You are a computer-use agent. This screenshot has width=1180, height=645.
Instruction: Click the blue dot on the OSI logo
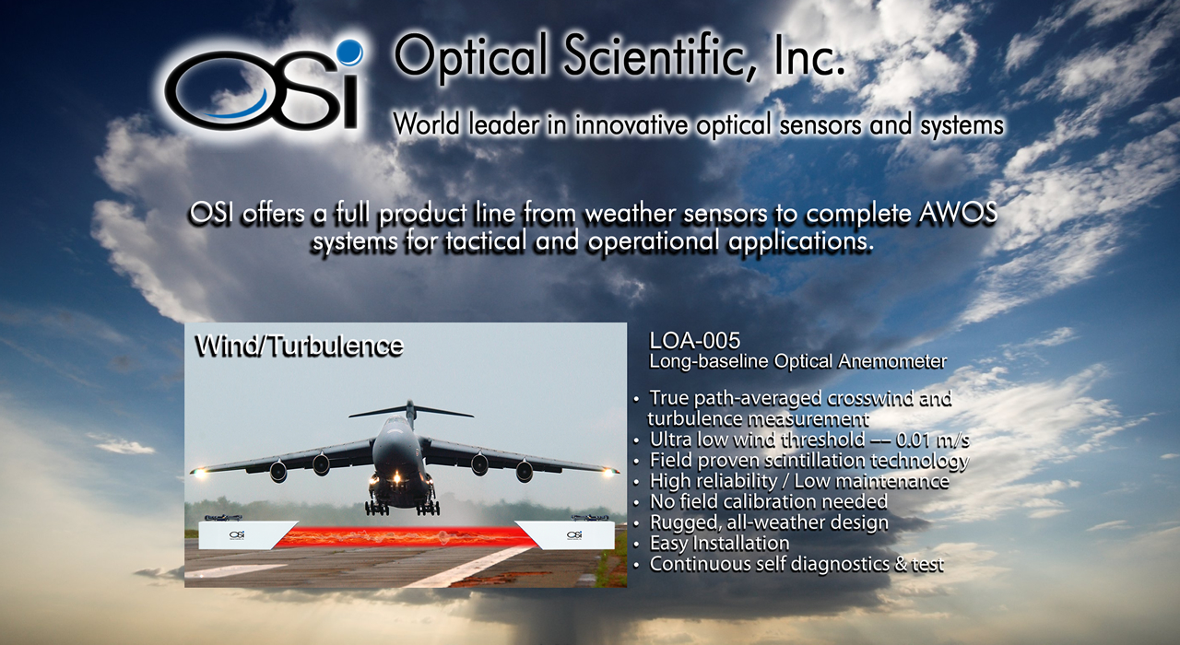click(x=349, y=53)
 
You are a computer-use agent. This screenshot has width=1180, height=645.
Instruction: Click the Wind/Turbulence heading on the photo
click(x=300, y=346)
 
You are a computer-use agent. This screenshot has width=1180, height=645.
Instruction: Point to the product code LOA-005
click(x=695, y=341)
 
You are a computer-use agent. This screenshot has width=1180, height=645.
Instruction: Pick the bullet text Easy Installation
click(x=720, y=543)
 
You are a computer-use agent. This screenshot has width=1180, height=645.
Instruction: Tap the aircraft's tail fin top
click(x=410, y=404)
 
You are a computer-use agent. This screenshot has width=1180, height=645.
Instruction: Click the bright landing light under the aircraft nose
click(x=397, y=478)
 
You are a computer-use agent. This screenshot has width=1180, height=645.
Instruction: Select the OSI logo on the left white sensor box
click(x=237, y=535)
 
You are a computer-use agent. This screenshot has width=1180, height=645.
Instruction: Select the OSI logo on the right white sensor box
click(x=574, y=535)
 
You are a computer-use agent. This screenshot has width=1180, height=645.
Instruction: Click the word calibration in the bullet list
click(x=770, y=502)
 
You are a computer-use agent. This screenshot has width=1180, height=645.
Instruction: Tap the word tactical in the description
click(x=486, y=241)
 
